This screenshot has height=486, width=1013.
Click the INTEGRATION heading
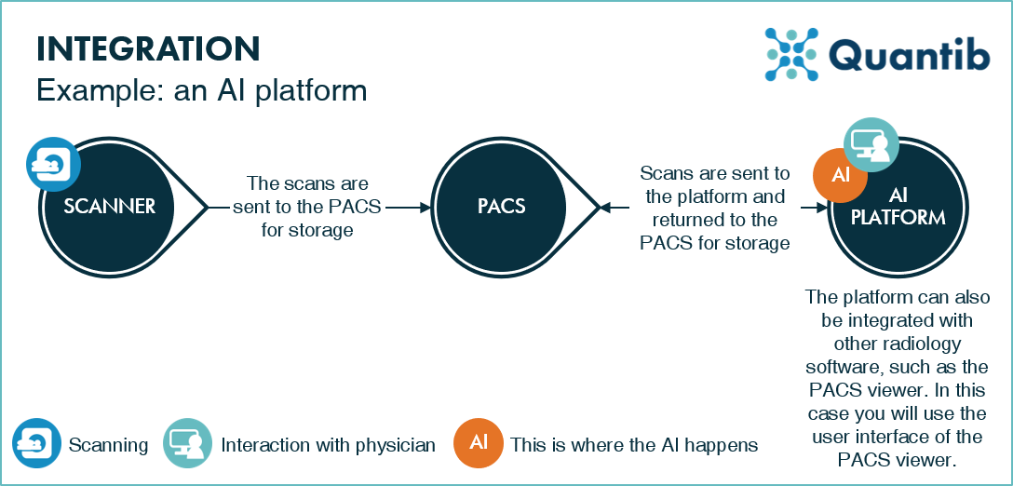coord(147,49)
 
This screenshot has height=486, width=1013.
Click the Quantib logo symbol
coord(790,53)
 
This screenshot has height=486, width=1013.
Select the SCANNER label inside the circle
coord(109,206)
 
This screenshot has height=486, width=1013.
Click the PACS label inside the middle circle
coord(502,206)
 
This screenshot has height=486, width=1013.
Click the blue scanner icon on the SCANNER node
coord(52,165)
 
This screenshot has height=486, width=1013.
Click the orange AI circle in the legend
coord(479,444)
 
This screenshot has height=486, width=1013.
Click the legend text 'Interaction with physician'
coord(328,445)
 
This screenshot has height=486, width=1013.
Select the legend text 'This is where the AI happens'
coord(633,445)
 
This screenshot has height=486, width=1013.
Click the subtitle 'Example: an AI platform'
coord(201,91)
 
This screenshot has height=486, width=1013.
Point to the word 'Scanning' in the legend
coord(108,445)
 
